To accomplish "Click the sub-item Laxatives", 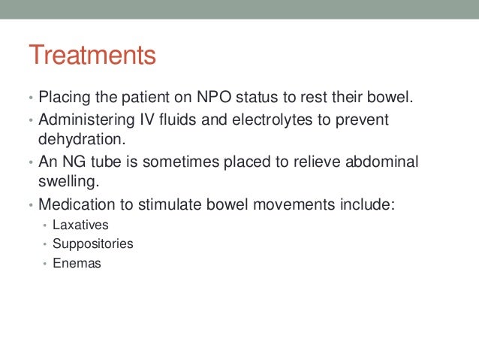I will point(80,225).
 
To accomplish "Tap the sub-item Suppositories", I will point(92,244).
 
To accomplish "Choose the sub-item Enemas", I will point(77,264).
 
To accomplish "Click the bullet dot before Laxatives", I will point(45,225).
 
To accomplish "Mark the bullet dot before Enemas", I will point(45,265).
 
